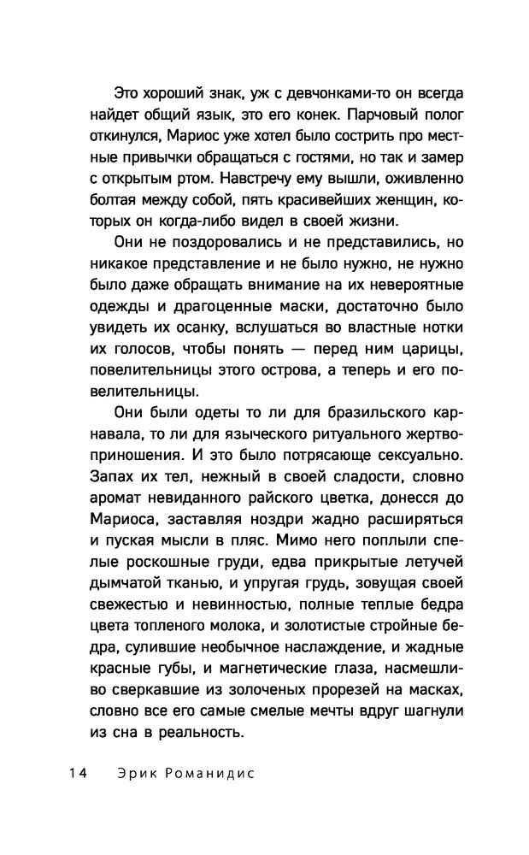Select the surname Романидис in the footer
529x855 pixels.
pos(212,774)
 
